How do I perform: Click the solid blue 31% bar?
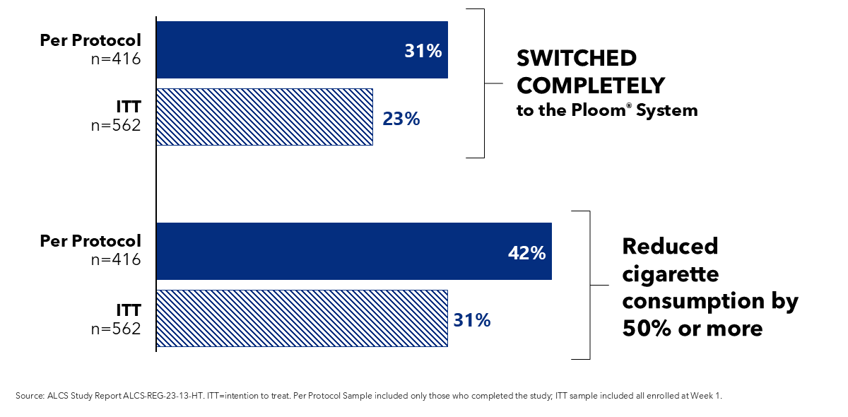pyautogui.click(x=302, y=49)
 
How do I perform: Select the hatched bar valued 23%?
pyautogui.click(x=264, y=117)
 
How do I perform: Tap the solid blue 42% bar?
pyautogui.click(x=353, y=251)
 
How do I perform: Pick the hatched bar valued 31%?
pyautogui.click(x=302, y=318)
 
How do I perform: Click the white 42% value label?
pyautogui.click(x=526, y=253)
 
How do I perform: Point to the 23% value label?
pyautogui.click(x=401, y=119)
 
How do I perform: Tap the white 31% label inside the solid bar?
pyautogui.click(x=423, y=51)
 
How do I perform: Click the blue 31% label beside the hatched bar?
pyautogui.click(x=471, y=320)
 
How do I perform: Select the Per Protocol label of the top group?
pyautogui.click(x=90, y=40)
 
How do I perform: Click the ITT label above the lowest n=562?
pyautogui.click(x=128, y=310)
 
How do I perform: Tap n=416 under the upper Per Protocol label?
pyautogui.click(x=117, y=58)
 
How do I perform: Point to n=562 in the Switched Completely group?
pyautogui.click(x=117, y=125)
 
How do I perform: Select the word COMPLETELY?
pyautogui.click(x=591, y=86)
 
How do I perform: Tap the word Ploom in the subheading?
pyautogui.click(x=601, y=110)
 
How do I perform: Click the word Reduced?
pyautogui.click(x=670, y=246)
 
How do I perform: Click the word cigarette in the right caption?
pyautogui.click(x=670, y=274)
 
